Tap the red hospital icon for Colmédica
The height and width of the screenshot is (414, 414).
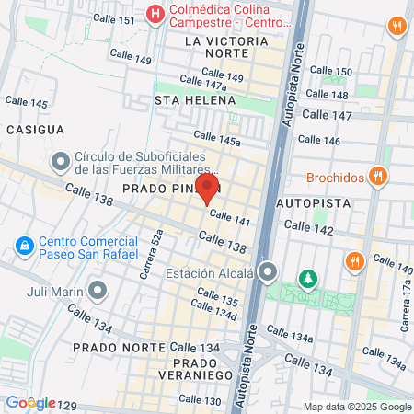pyautogui.click(x=155, y=14)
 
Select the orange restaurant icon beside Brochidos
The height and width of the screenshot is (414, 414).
pyautogui.click(x=377, y=176)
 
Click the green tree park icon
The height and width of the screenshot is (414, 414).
pyautogui.click(x=306, y=277)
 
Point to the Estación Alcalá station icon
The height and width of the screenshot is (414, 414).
pyautogui.click(x=268, y=272)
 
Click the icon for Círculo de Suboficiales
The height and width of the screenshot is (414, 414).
pyautogui.click(x=61, y=162)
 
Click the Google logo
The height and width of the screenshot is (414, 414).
pyautogui.click(x=29, y=402)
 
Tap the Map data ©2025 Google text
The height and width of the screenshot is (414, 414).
pyautogui.click(x=358, y=407)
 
